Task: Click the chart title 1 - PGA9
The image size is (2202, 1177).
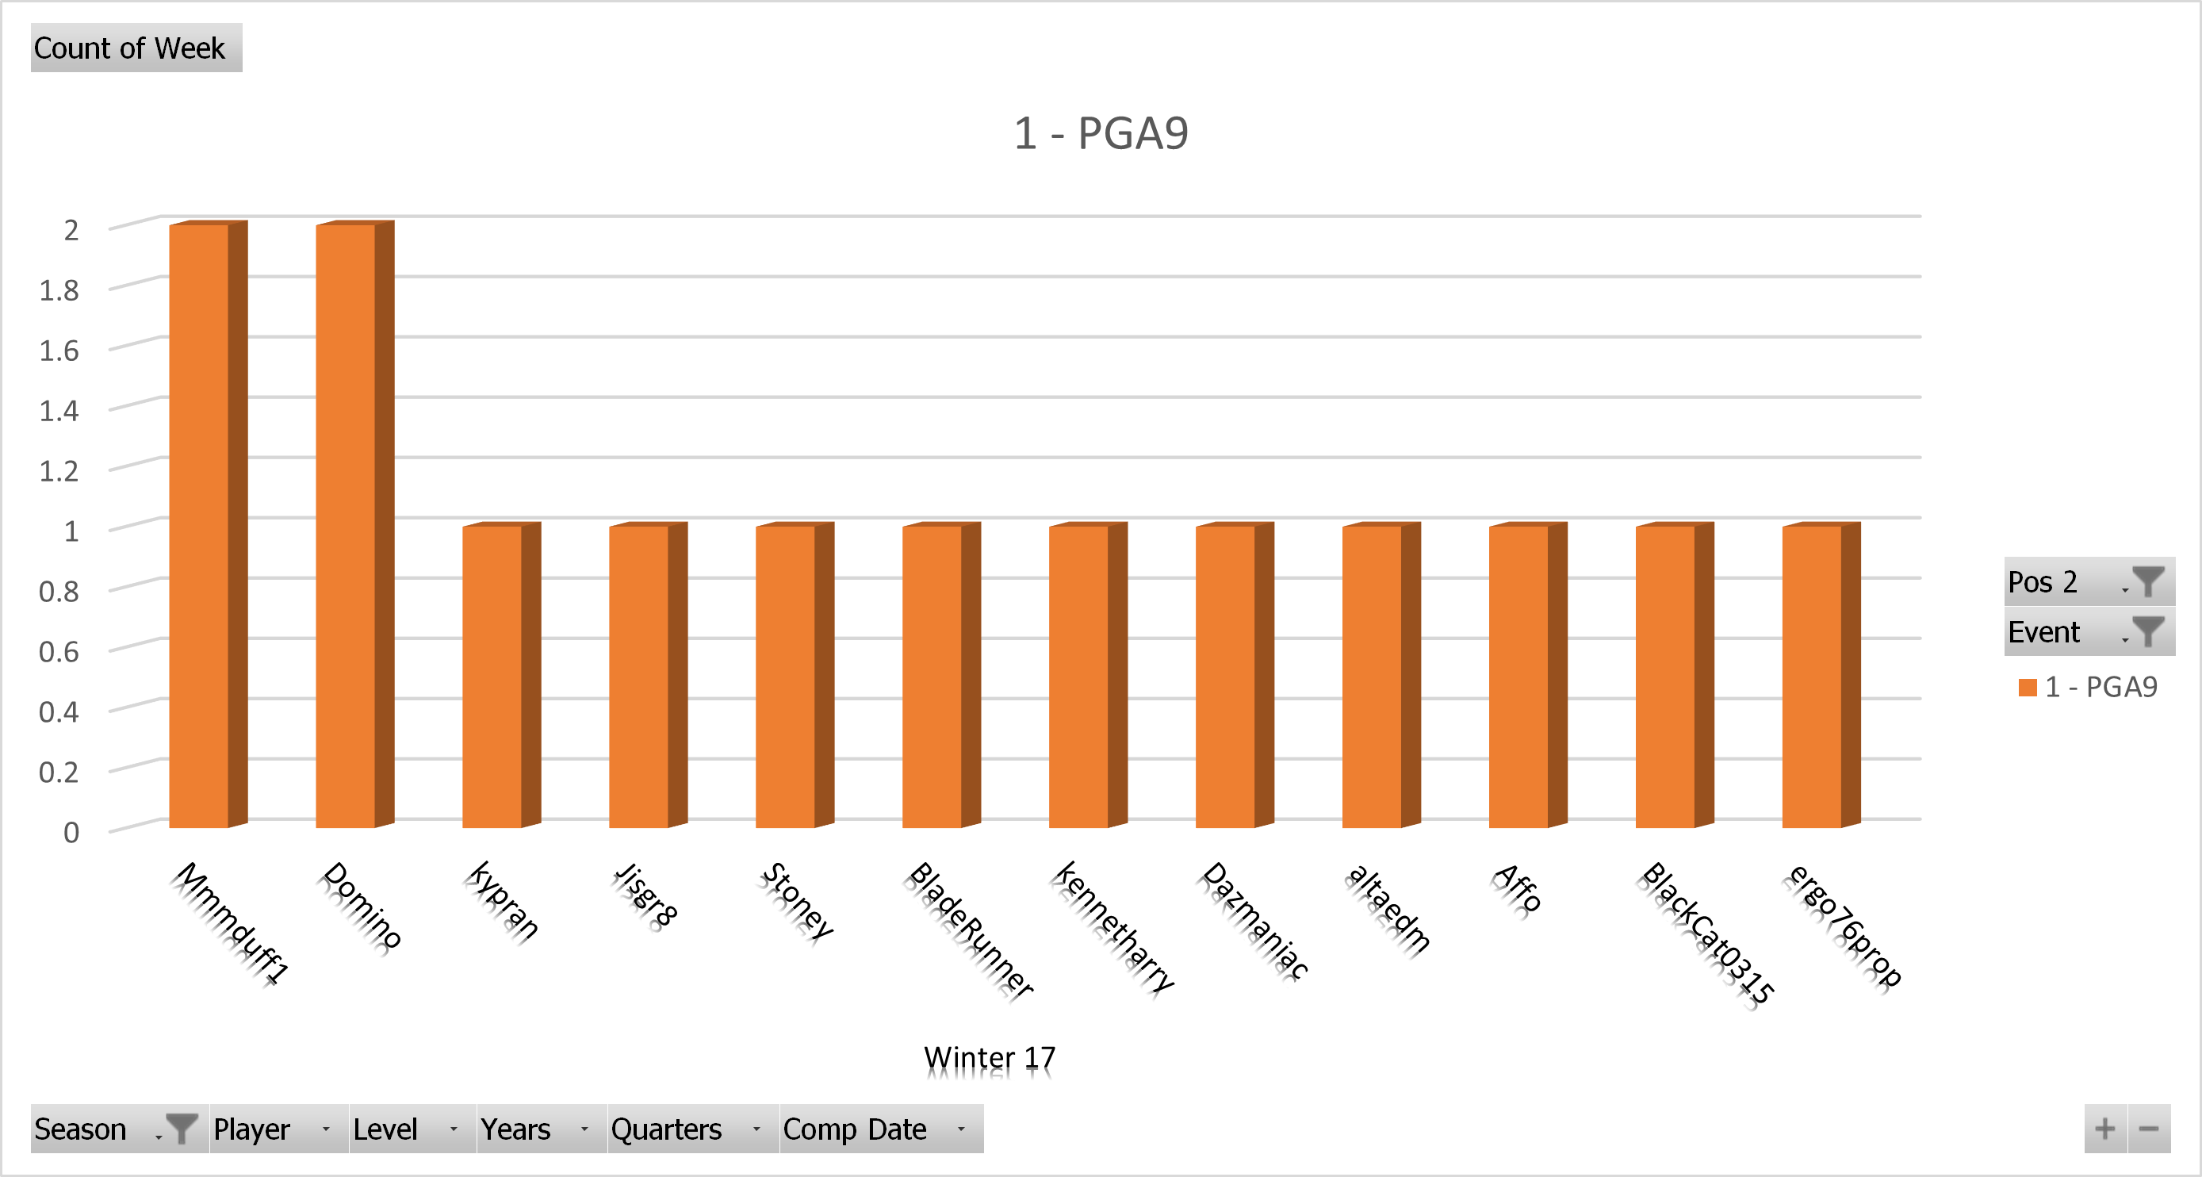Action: (1101, 133)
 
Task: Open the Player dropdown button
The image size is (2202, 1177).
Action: (278, 1129)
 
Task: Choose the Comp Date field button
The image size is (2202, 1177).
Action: (880, 1129)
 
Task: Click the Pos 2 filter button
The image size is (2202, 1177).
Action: (2089, 582)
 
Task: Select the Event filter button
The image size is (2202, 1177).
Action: (2089, 631)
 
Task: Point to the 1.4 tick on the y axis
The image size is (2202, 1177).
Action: (59, 411)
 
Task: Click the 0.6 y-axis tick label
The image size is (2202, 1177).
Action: (59, 652)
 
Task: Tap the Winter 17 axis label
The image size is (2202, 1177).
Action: (990, 1058)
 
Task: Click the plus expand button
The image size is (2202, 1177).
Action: (2105, 1129)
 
